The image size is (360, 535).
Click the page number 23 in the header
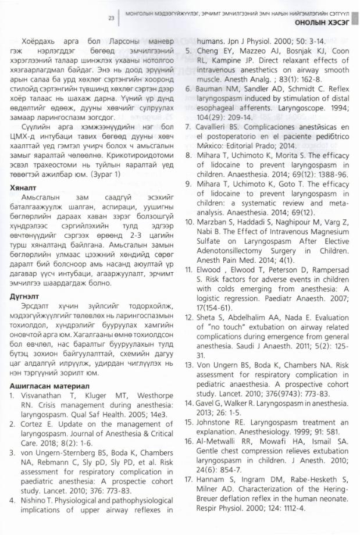[x=111, y=18]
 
